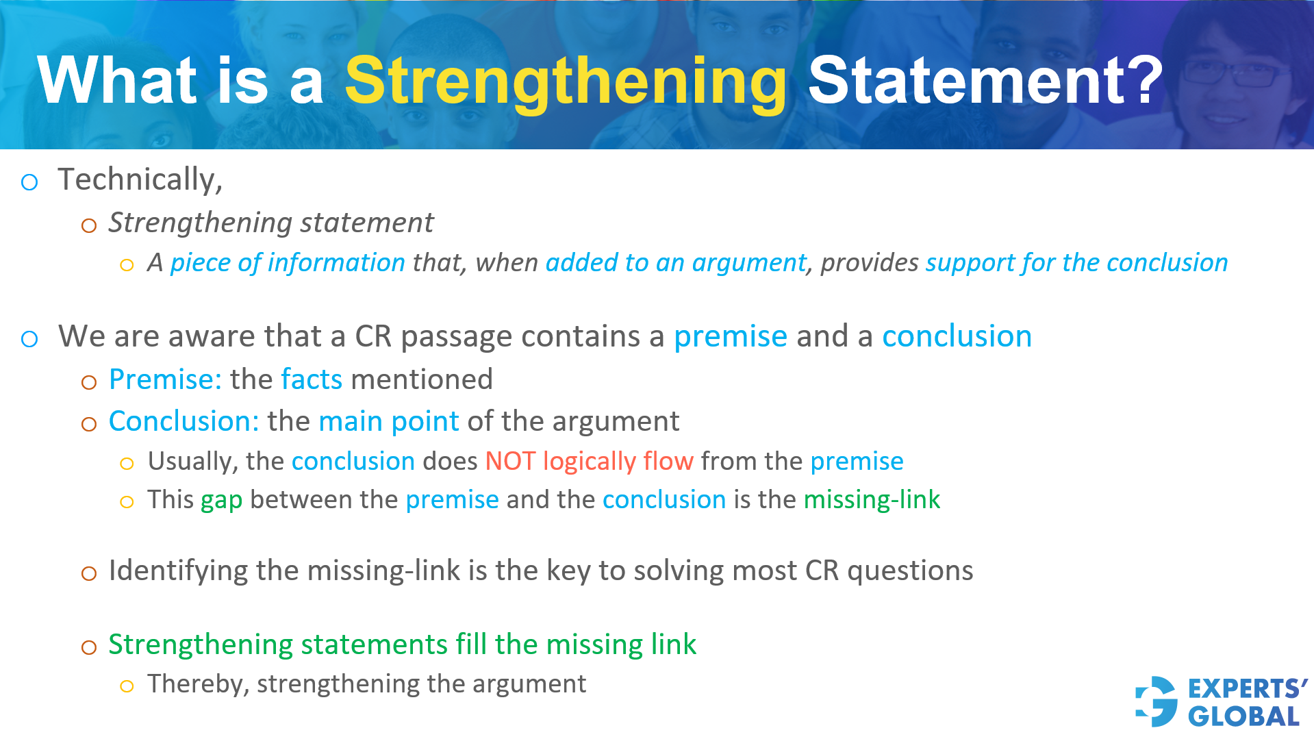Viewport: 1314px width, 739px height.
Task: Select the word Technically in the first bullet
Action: [x=139, y=179]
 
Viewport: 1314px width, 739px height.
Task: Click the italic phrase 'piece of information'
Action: [x=288, y=263]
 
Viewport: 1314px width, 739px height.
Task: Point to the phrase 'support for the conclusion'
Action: [x=1076, y=263]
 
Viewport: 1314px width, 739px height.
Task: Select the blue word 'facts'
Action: [x=312, y=379]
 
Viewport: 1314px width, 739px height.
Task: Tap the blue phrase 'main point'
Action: [x=388, y=421]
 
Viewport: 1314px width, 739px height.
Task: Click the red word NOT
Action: [x=510, y=462]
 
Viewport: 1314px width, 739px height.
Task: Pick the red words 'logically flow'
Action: [x=618, y=462]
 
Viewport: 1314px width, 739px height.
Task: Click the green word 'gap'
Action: [x=221, y=501]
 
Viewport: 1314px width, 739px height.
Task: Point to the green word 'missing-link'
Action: [x=872, y=500]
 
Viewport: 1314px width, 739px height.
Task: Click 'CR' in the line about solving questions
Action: [x=822, y=571]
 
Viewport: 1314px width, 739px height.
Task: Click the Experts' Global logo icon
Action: [x=1157, y=701]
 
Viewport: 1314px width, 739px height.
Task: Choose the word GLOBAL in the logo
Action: [x=1243, y=716]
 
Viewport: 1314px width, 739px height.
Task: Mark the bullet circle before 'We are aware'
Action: [x=29, y=338]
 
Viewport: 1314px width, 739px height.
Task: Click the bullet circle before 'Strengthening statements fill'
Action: [x=89, y=647]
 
